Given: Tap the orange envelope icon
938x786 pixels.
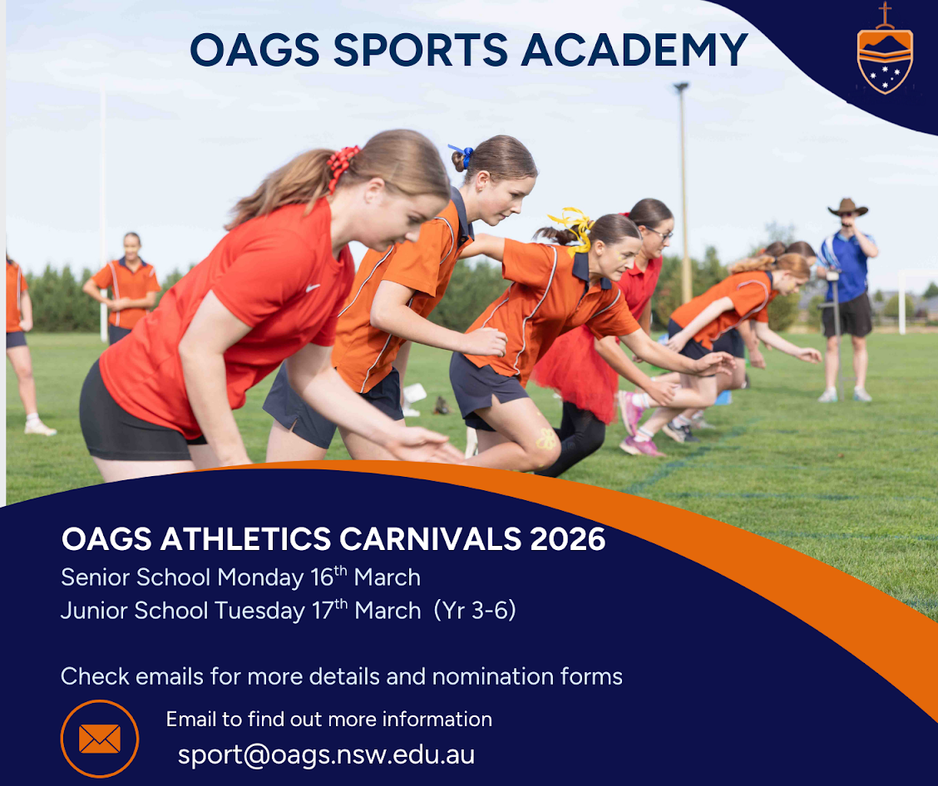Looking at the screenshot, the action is pyautogui.click(x=99, y=739).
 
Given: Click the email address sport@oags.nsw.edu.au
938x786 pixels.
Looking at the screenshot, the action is pyautogui.click(x=326, y=754).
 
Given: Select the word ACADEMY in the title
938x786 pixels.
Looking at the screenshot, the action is pyautogui.click(x=634, y=49).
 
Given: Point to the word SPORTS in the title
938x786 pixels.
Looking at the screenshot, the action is pyautogui.click(x=420, y=49).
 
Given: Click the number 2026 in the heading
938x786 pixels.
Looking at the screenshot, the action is pyautogui.click(x=568, y=538).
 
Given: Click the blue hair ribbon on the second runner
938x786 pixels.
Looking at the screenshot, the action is pyautogui.click(x=462, y=155).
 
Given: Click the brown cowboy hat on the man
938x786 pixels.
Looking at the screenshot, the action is pyautogui.click(x=847, y=208).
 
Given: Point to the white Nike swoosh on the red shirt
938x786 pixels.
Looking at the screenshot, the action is pyautogui.click(x=313, y=288).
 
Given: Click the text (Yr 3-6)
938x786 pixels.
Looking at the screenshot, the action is pyautogui.click(x=475, y=610).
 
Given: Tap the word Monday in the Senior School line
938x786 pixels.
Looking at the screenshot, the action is pyautogui.click(x=260, y=578).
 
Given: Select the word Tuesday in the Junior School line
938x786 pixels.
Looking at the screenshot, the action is pyautogui.click(x=259, y=611).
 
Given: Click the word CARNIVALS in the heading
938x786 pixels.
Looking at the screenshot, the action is pyautogui.click(x=430, y=538).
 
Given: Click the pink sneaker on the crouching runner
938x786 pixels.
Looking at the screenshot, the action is pyautogui.click(x=629, y=412).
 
